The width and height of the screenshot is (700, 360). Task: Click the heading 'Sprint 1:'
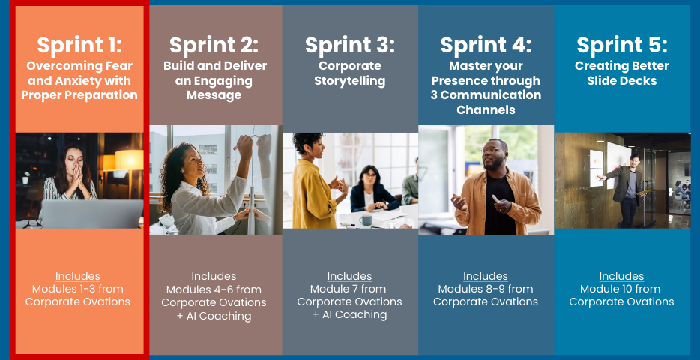tap(79, 45)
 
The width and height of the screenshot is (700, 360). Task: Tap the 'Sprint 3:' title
tap(350, 45)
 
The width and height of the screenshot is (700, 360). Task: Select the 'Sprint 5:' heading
tap(622, 45)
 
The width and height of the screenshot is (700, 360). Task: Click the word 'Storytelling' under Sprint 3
tap(350, 81)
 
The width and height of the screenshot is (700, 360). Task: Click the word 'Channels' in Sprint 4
tap(486, 109)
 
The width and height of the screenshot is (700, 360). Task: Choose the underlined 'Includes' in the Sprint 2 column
tap(214, 276)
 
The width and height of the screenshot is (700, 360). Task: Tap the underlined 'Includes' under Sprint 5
tap(621, 276)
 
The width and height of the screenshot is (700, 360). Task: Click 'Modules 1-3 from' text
tap(78, 289)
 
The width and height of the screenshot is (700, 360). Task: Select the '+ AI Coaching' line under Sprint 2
tap(214, 316)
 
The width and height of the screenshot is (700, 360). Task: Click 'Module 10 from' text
tap(621, 289)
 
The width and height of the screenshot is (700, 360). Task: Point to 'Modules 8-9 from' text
tap(486, 289)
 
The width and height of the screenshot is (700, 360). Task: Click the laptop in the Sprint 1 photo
tap(91, 214)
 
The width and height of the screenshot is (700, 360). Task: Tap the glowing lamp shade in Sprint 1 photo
tap(130, 160)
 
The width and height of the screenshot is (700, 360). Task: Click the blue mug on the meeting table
tap(366, 220)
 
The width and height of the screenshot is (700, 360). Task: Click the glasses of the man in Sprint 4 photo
tap(493, 151)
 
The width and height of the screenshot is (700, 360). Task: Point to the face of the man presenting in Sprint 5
tap(634, 162)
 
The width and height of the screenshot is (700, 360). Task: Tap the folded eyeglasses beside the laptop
tap(32, 223)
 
